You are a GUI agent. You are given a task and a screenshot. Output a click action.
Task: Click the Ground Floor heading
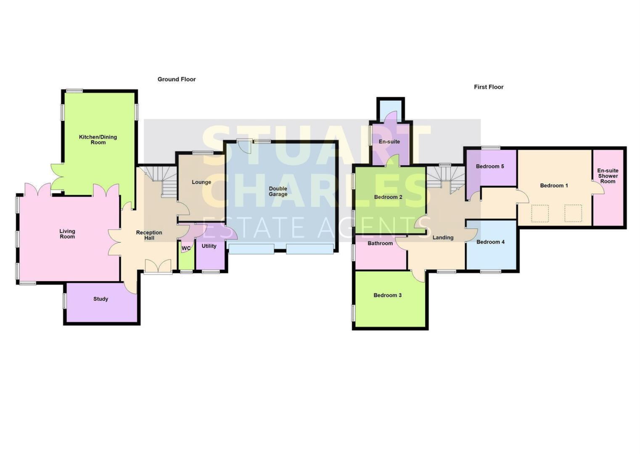point(177,79)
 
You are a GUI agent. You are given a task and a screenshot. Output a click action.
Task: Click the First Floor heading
point(489,87)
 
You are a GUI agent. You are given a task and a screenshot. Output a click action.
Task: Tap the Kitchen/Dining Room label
point(98,140)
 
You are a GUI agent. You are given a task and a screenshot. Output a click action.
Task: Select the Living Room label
point(67,234)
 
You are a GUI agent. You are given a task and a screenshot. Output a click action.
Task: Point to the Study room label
point(100,299)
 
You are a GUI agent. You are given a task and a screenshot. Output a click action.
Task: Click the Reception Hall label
point(149,235)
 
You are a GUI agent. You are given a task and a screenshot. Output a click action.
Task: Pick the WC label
point(186,248)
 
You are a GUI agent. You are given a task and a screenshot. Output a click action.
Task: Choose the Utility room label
point(209,246)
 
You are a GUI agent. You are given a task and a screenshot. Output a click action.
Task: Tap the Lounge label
point(201,182)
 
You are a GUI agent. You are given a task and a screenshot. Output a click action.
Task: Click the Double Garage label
point(278,191)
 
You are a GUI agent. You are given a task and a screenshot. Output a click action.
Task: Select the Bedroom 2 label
point(388,197)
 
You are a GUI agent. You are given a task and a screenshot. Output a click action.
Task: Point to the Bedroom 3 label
point(387,295)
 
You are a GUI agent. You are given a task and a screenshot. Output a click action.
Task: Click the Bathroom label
point(380,243)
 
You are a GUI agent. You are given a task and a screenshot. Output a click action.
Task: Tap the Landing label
point(443,238)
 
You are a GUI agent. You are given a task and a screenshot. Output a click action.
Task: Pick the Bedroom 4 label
point(490,242)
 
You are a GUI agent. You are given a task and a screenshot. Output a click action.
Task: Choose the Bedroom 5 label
point(490,166)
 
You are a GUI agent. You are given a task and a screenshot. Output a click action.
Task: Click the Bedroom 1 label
point(554,185)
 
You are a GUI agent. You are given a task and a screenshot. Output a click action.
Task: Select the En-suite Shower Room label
point(608,176)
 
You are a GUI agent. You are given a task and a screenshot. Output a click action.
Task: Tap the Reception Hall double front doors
point(158,267)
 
